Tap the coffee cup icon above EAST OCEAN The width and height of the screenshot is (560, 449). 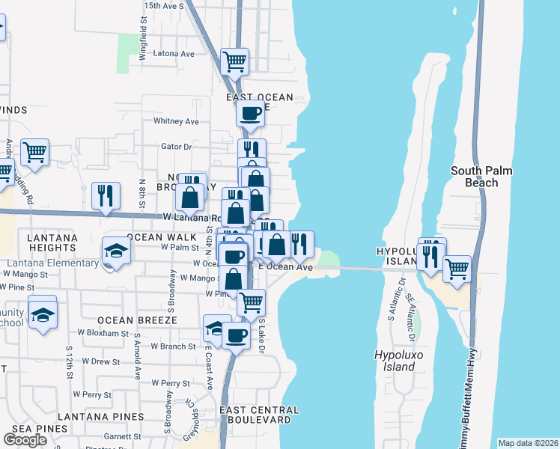click(250, 113)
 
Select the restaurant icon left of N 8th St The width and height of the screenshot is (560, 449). click(106, 195)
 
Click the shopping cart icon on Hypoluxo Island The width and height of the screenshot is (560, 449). click(457, 268)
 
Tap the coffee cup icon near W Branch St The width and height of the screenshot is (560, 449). click(236, 335)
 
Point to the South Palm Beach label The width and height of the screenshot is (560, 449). click(481, 177)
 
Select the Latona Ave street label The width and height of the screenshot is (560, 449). click(173, 54)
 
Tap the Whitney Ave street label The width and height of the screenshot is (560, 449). click(176, 121)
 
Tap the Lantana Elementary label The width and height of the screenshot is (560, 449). click(52, 263)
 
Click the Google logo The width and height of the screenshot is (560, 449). click(25, 440)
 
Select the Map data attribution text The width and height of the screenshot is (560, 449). click(529, 443)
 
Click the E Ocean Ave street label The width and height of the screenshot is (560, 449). click(285, 267)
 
